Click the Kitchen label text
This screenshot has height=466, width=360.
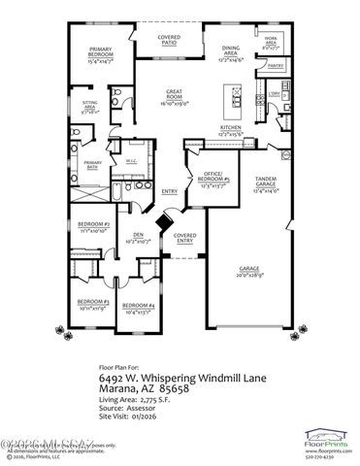(x=230, y=127)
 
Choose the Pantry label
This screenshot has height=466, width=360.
(x=275, y=67)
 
